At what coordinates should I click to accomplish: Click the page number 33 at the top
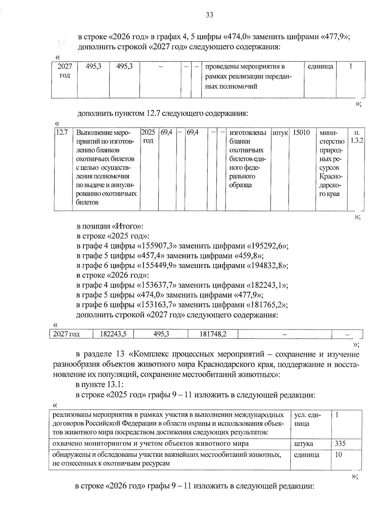pyautogui.click(x=209, y=15)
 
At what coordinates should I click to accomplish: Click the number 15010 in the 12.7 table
pyautogui.click(x=301, y=133)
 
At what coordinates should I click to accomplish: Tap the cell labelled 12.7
pyautogui.click(x=62, y=133)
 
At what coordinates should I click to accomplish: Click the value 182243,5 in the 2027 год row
pyautogui.click(x=113, y=334)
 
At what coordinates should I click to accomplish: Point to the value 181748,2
pyautogui.click(x=213, y=334)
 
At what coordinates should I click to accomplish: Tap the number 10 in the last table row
pyautogui.click(x=338, y=455)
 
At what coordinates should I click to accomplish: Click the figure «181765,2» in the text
pyautogui.click(x=268, y=305)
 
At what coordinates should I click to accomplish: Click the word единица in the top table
pyautogui.click(x=320, y=66)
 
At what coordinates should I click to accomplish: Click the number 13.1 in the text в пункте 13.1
pyautogui.click(x=119, y=384)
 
